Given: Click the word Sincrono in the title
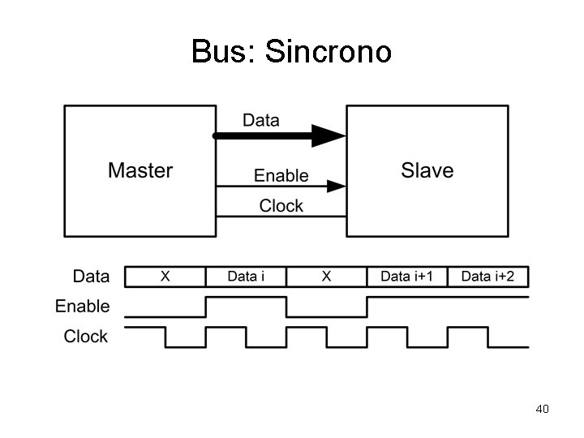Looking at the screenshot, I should (x=328, y=52).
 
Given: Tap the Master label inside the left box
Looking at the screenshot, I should (x=140, y=170).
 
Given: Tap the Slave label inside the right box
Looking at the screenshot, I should (x=427, y=170).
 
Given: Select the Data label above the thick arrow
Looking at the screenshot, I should (x=260, y=121).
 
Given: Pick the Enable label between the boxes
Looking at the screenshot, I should (x=281, y=175).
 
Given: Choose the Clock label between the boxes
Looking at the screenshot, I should (x=281, y=206).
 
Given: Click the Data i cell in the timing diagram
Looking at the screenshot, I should (x=246, y=277).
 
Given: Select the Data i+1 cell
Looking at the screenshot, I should (x=407, y=277).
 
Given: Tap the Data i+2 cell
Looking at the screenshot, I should (x=487, y=277).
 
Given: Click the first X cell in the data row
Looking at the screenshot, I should (x=165, y=277).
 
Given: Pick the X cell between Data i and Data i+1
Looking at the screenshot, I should (x=326, y=277).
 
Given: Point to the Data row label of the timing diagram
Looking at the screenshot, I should (x=91, y=277).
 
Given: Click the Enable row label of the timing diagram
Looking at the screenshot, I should (x=82, y=307).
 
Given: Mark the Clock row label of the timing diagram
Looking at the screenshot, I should (x=86, y=337).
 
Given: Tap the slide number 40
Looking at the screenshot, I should (x=543, y=409).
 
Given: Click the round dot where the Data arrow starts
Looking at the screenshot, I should (x=216, y=136).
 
